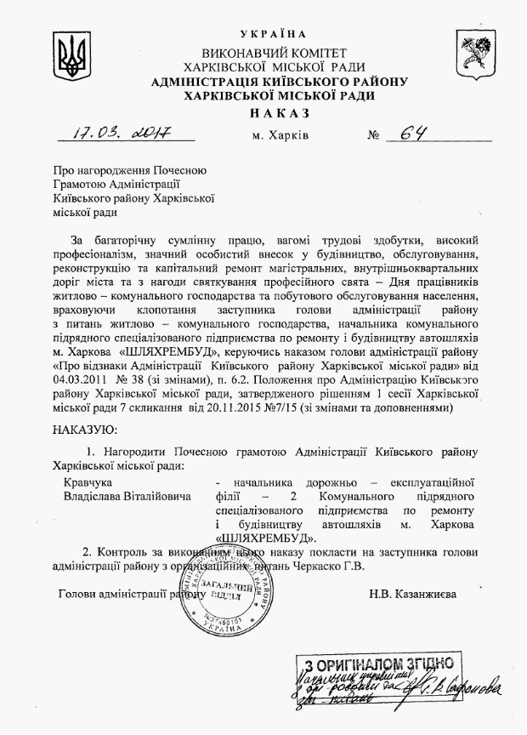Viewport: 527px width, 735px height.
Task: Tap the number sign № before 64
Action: (x=371, y=135)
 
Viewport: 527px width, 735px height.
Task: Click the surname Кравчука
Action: (x=87, y=481)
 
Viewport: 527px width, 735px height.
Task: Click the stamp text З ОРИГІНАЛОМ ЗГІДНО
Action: (x=377, y=664)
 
